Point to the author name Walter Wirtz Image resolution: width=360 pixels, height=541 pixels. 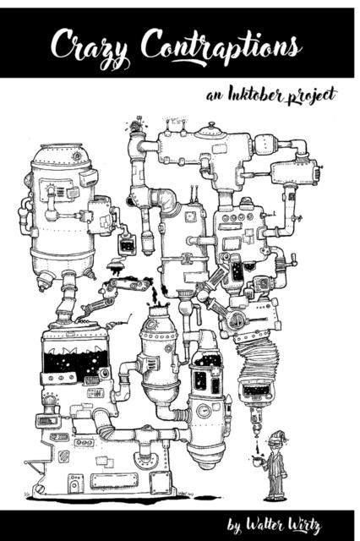coord(287,526)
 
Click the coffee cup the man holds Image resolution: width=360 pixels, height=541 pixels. coord(261,462)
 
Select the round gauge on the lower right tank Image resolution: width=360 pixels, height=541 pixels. coord(202,413)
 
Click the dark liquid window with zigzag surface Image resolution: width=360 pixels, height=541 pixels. coord(75,362)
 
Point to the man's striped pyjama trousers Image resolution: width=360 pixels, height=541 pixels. coord(276,483)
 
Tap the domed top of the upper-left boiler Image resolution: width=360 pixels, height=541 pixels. coord(58,155)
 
